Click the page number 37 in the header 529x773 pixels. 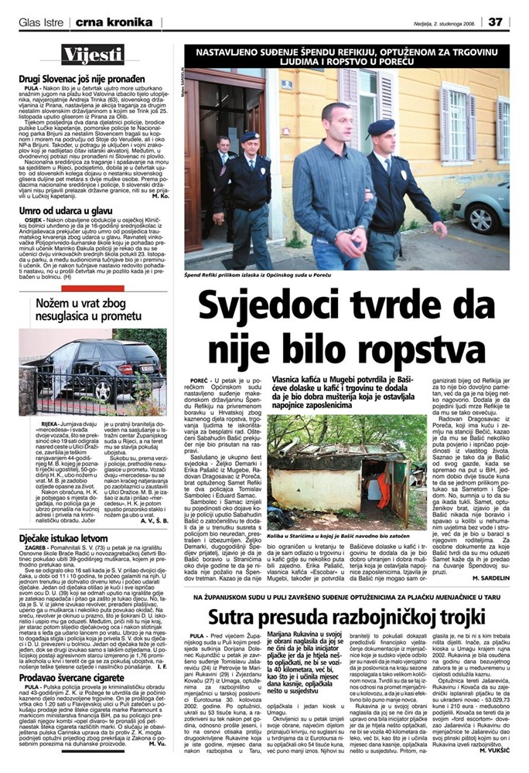tap(497, 20)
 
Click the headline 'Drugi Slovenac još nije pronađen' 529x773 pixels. tap(83, 79)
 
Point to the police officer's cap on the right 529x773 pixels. tap(381, 125)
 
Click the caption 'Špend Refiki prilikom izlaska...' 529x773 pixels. tap(256, 275)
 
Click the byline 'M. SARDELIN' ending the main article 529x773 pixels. tap(486, 577)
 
